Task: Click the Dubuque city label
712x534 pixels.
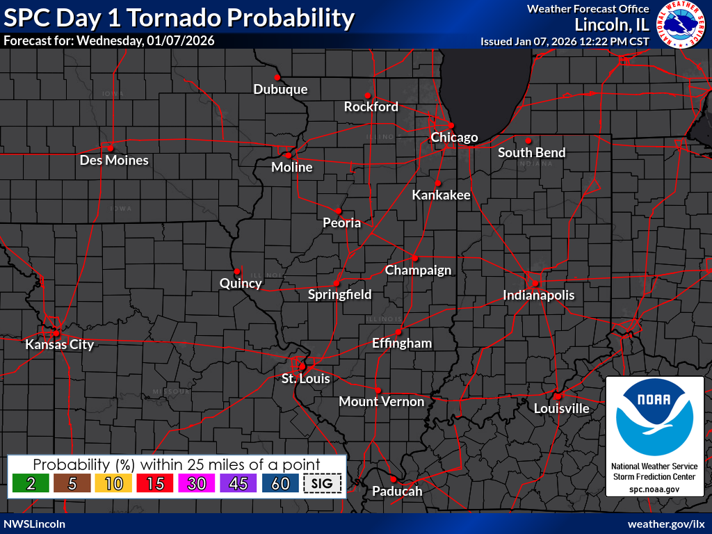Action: click(280, 89)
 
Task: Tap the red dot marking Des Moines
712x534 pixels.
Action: click(110, 147)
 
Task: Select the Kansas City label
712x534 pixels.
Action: click(59, 344)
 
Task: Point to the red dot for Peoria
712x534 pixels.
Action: click(339, 210)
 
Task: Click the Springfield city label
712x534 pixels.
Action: click(339, 294)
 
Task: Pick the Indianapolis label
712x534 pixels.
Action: click(539, 295)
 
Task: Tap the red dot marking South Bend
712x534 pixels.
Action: click(528, 140)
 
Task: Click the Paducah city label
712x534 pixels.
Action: click(397, 491)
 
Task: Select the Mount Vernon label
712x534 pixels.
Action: click(381, 401)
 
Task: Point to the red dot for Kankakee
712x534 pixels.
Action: click(437, 183)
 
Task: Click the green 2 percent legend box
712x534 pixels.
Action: click(31, 484)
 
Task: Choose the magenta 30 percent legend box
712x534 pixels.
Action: click(197, 484)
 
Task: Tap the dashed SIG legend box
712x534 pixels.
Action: click(323, 484)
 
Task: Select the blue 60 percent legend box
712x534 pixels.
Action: click(280, 484)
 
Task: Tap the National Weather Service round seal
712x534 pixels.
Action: click(680, 28)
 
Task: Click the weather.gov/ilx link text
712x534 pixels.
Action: click(666, 524)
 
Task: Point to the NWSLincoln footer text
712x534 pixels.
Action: click(35, 524)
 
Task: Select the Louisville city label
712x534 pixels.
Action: click(561, 408)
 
